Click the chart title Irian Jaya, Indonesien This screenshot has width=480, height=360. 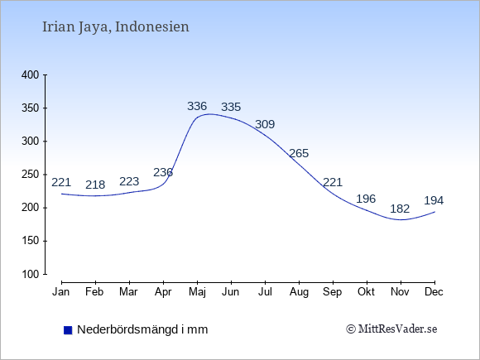click(115, 27)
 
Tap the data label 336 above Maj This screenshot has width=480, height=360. click(197, 106)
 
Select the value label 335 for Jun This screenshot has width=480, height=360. click(231, 107)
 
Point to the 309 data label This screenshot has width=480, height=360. click(265, 124)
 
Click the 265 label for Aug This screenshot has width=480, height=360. click(299, 153)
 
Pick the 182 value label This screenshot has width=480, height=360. click(400, 209)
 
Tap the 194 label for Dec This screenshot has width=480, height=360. click(434, 201)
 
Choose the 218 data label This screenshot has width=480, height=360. click(95, 185)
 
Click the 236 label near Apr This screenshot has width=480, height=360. click(163, 173)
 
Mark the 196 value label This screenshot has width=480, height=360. click(366, 199)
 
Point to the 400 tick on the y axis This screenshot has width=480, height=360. click(31, 75)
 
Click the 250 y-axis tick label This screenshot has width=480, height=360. click(31, 175)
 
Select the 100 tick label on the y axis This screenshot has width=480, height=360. click(31, 274)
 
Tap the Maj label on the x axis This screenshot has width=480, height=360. click(197, 292)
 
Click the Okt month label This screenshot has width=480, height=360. click(366, 292)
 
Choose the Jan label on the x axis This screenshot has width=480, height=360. click(61, 292)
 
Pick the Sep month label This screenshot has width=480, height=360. click(332, 292)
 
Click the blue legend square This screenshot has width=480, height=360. click(68, 330)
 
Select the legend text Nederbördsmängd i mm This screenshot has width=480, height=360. click(142, 329)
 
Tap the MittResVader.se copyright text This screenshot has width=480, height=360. click(391, 329)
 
